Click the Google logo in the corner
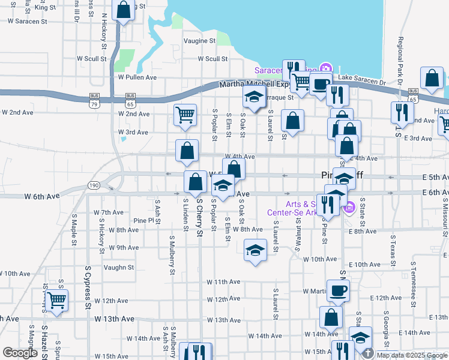[20, 353]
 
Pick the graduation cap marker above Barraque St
[254, 97]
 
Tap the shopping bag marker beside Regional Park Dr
[432, 79]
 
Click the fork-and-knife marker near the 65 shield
[401, 112]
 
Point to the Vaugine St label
[199, 41]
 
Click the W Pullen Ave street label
[137, 77]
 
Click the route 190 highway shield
[94, 185]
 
